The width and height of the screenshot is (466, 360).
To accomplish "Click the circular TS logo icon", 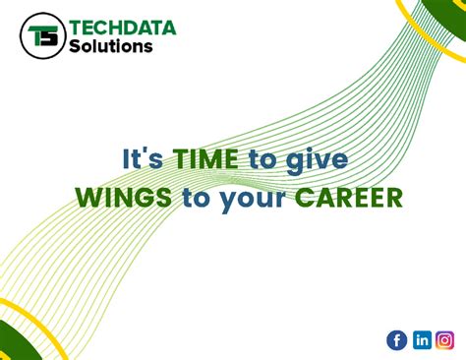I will click(42, 36).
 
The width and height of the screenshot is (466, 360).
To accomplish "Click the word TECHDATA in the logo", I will click(123, 28).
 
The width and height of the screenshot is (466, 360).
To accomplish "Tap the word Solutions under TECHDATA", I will click(111, 46).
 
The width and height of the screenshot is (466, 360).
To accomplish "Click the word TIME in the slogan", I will click(202, 160).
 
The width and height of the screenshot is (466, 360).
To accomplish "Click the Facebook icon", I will click(397, 340).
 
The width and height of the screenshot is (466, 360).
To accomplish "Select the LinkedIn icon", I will click(422, 340).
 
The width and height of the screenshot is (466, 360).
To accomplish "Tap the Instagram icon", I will click(445, 340).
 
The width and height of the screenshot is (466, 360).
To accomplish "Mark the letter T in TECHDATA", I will click(75, 28).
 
